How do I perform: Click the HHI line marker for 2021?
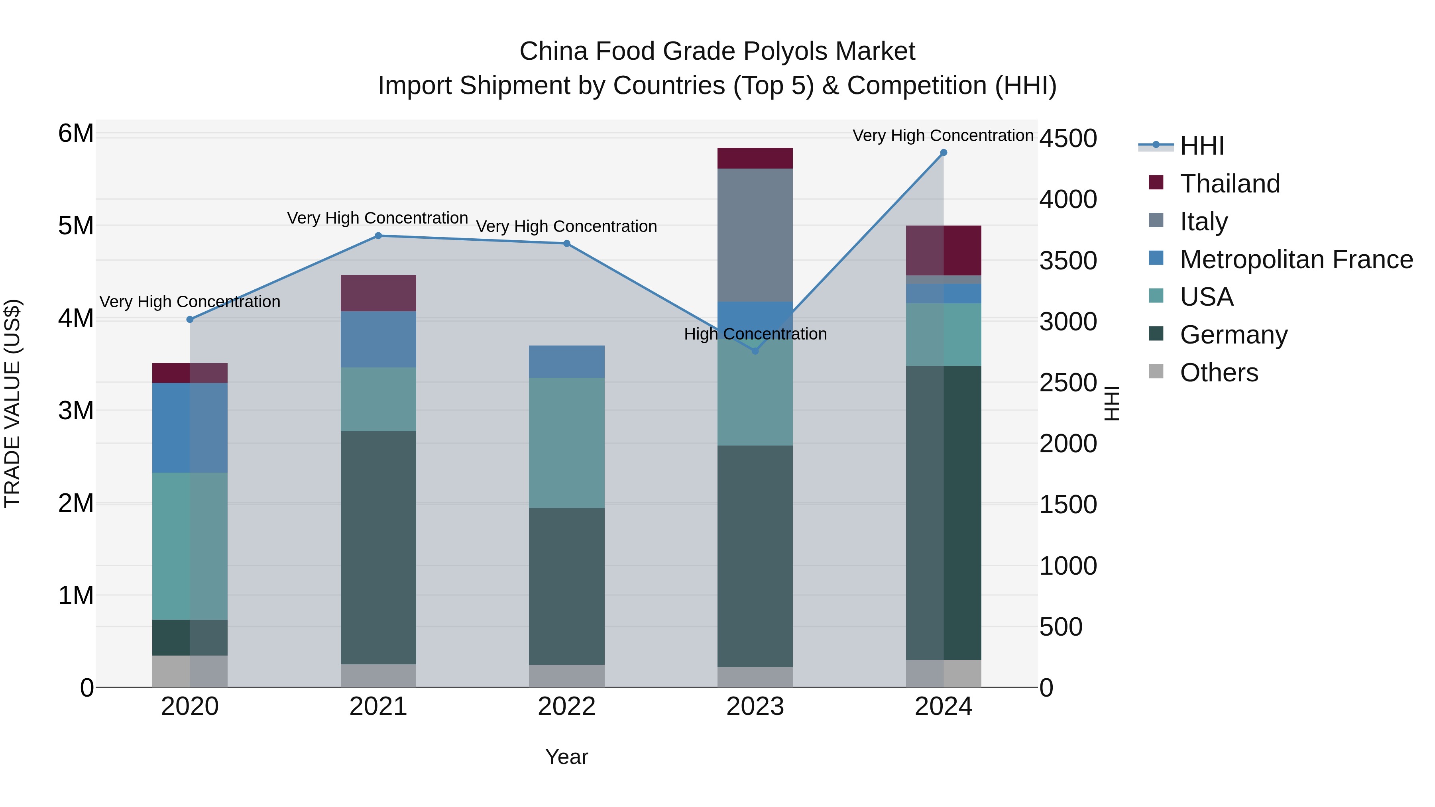pos(378,236)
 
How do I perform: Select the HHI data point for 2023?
pos(755,351)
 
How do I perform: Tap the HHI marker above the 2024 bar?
pos(943,153)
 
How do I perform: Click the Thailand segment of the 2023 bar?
pos(755,158)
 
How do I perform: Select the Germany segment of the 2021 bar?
pos(378,548)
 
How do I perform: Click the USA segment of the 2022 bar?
pos(566,443)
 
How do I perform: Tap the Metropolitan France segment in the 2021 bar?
pos(378,339)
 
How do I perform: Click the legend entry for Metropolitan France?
pos(1296,259)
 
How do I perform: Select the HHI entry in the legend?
pos(1201,146)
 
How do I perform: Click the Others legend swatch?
pos(1156,371)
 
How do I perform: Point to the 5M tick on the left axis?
pos(76,226)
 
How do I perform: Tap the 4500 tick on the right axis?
pos(1068,139)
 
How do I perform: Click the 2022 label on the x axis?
pos(566,707)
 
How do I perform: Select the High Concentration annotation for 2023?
pos(755,334)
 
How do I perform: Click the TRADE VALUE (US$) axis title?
pos(12,403)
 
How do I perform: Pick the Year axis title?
pos(566,757)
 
